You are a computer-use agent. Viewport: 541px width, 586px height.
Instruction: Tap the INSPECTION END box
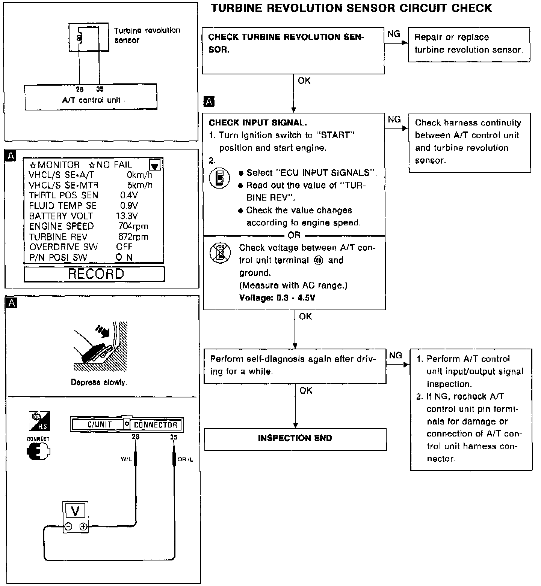[295, 438]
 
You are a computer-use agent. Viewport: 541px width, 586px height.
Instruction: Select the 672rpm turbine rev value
[133, 237]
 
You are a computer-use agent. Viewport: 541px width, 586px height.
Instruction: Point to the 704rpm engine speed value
[133, 226]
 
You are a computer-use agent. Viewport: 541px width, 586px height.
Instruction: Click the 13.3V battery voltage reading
[127, 216]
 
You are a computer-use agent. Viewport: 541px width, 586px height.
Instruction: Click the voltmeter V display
[75, 511]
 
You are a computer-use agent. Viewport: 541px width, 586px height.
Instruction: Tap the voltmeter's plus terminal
[83, 527]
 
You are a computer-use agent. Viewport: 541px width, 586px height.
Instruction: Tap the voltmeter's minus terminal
[68, 527]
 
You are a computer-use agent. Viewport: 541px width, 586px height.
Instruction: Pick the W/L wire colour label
[126, 459]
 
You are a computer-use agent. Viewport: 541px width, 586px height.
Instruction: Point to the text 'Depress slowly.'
[99, 382]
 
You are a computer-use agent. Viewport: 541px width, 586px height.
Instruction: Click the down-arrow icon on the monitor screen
[155, 165]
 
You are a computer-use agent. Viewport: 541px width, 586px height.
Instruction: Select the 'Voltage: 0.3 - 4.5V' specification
[277, 298]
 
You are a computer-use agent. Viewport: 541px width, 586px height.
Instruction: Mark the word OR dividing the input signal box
[294, 235]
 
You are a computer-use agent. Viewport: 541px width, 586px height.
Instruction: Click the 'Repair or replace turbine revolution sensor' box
[469, 44]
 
